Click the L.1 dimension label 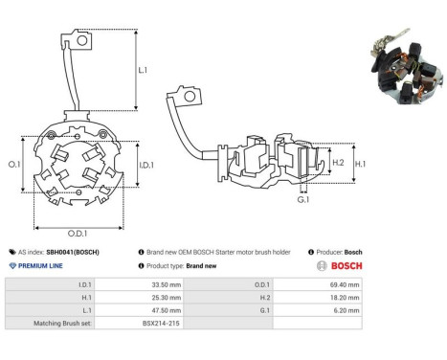pos(143,70)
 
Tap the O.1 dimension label pos(14,165)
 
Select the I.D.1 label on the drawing pos(146,165)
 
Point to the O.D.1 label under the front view pos(78,234)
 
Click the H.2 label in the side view pos(338,163)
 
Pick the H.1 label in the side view pos(360,164)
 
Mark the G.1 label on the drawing pos(303,200)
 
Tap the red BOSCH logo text pos(346,266)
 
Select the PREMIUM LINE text pos(40,266)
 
